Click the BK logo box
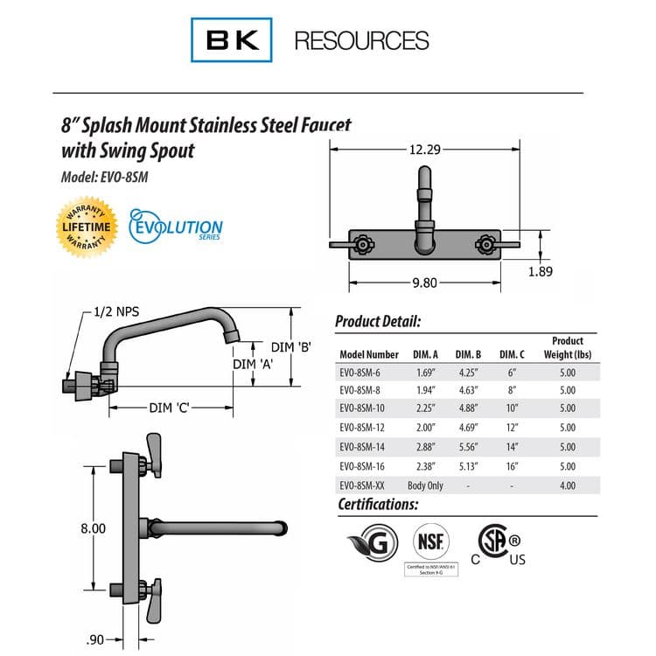point(231,40)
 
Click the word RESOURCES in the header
point(361,41)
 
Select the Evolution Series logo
point(176,226)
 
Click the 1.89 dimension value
point(541,271)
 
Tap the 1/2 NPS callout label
point(118,312)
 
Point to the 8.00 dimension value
point(93,528)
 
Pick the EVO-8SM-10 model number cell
point(366,408)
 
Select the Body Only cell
point(425,485)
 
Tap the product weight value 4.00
point(567,485)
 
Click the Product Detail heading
point(378,322)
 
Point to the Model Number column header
point(368,354)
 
